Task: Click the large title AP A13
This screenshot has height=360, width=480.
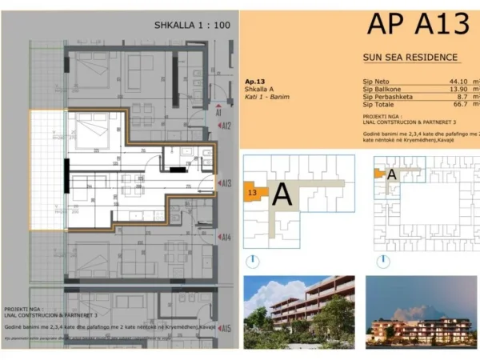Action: point(418,24)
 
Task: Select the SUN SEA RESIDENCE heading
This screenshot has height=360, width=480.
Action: point(410,58)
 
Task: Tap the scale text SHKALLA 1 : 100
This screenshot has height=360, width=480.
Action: point(192,26)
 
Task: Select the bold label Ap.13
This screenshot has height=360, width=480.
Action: point(255,82)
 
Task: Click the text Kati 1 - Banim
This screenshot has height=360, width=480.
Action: point(267,97)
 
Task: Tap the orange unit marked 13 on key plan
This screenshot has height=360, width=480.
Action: point(254,193)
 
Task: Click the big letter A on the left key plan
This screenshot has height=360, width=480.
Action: point(282,194)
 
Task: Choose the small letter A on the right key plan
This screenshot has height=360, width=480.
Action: point(391,173)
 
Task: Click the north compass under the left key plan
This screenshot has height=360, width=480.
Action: point(253,261)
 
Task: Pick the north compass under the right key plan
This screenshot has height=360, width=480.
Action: point(384,261)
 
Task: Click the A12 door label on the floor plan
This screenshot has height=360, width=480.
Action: point(226,126)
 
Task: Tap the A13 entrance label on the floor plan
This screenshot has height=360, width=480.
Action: point(226,182)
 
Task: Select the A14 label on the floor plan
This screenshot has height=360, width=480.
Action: point(226,238)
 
